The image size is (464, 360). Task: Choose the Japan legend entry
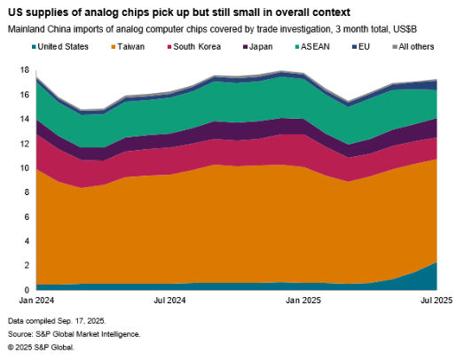(259, 46)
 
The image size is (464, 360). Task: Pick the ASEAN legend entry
(311, 46)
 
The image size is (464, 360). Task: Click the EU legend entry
(361, 46)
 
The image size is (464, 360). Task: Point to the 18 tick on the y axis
(24, 69)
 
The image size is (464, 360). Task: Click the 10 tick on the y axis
(24, 168)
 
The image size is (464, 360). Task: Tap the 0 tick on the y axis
(27, 290)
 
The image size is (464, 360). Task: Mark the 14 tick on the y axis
(24, 119)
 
